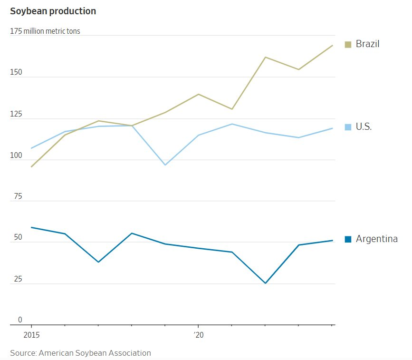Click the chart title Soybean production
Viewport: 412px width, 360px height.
[53, 11]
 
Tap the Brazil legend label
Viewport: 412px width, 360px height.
[367, 44]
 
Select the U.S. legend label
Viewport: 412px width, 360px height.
[364, 127]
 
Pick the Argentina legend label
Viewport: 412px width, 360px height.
[376, 239]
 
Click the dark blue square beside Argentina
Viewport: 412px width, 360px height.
[348, 239]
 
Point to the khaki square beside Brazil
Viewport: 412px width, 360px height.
[348, 44]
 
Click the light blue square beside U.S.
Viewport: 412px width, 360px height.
[348, 127]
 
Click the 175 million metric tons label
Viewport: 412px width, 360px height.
[45, 31]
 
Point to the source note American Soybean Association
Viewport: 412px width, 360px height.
[80, 353]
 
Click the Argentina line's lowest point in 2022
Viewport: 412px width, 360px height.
[265, 283]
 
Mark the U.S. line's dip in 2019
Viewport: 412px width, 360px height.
[165, 165]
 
